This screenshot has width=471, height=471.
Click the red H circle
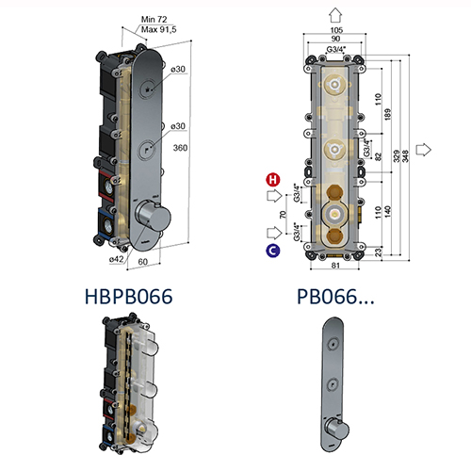point(272,179)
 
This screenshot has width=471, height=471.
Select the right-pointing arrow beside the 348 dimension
point(423,149)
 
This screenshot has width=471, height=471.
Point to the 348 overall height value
point(404,149)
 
